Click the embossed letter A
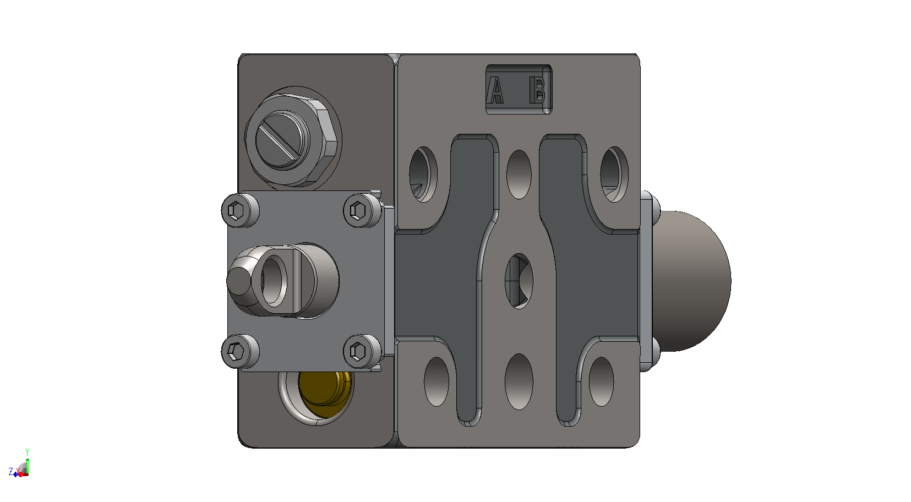pos(495,90)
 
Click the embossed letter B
pos(538,90)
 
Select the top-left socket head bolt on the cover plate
pos(240,211)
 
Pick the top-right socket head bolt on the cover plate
pos(362,211)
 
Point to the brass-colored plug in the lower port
pos(325,392)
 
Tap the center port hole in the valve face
pos(519,281)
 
